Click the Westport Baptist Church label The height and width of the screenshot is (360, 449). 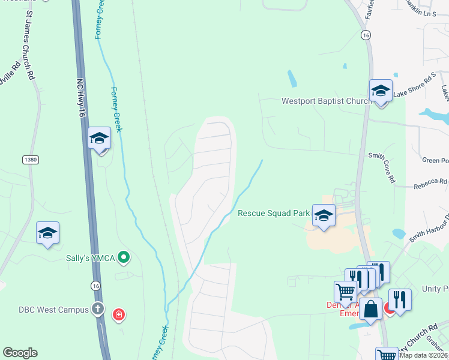point(327,101)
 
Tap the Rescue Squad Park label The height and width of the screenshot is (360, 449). point(273,213)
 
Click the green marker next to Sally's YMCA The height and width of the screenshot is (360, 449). point(124,258)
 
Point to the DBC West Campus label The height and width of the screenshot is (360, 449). point(52,310)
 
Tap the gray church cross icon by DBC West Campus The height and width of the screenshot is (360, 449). point(98,310)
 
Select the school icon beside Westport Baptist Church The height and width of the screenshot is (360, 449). point(381,91)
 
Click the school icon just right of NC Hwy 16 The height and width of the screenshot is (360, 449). point(99,139)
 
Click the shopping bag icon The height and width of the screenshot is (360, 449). point(372,310)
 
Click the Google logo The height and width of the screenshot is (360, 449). point(20,353)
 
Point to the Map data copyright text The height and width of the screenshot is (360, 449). point(424,355)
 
